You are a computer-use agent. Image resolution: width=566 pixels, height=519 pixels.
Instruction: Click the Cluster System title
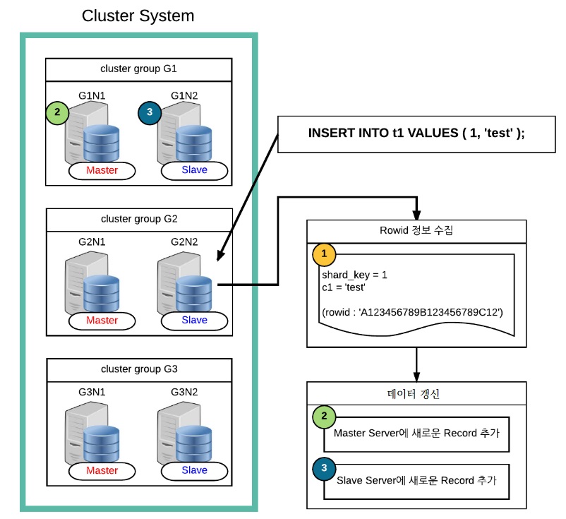138,16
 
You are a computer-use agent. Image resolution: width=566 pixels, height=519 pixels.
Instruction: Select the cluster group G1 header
138,70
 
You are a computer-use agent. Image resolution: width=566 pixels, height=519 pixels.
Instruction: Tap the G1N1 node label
92,96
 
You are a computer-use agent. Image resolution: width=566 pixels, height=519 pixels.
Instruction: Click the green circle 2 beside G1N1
57,112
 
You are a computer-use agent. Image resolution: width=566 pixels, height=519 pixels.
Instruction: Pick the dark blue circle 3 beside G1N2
150,113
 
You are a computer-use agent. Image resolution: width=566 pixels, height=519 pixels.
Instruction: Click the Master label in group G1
102,170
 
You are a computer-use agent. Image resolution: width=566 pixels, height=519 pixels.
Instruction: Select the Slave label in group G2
195,321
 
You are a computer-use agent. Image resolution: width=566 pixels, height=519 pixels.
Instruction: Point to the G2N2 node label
184,242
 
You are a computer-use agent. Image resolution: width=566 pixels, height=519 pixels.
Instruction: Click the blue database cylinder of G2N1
102,293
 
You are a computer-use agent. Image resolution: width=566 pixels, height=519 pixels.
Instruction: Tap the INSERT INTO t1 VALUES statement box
416,134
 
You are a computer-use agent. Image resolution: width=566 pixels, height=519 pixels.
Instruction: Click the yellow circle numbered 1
324,254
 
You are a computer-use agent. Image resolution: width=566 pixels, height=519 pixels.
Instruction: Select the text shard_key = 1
354,275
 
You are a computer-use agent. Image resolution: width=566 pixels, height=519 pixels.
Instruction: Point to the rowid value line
412,312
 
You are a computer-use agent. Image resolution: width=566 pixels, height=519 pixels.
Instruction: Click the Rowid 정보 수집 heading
416,230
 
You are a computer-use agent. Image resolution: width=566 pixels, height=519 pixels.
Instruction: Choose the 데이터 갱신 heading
413,394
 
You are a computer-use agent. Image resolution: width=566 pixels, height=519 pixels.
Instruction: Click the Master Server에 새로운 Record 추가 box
416,434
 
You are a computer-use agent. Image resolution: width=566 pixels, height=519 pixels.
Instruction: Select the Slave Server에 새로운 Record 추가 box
416,482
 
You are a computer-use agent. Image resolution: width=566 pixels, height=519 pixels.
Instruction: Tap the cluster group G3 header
139,370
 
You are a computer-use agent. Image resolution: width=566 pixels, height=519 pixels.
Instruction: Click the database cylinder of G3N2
194,444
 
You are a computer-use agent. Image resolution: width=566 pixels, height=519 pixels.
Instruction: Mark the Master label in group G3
102,470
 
